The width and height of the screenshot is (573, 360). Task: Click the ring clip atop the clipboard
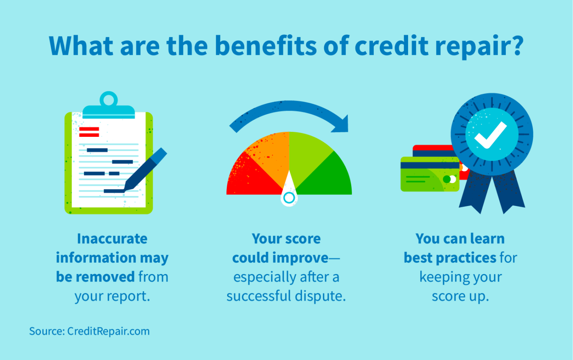pos(108,99)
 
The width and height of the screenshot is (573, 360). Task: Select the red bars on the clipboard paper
pos(89,132)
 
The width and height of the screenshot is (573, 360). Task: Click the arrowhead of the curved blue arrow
pos(341,124)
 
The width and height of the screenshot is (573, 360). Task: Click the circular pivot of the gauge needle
pos(289,198)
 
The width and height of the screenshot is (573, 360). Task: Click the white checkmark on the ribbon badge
pos(491,135)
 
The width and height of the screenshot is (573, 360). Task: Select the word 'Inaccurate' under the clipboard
pos(112,239)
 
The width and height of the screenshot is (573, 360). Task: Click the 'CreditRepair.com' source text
pos(108,331)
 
